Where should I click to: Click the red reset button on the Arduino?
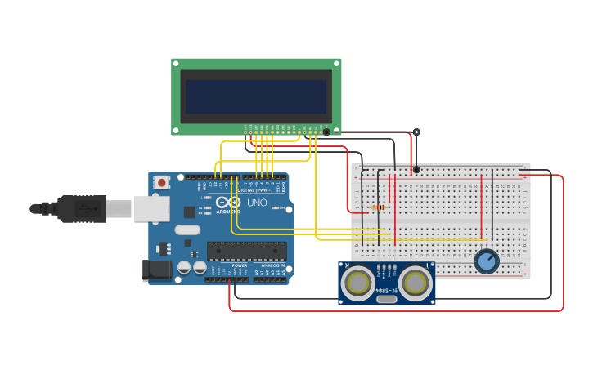pos(162,182)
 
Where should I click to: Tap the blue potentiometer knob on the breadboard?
pos(487,261)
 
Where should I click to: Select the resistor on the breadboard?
pos(379,207)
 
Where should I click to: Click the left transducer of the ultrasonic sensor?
pos(358,283)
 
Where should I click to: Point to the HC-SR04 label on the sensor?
pos(387,290)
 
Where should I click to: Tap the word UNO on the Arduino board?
pos(257,203)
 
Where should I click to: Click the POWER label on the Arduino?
pos(240,265)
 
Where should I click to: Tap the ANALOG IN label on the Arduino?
pos(272,265)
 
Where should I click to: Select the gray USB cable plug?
pos(82,208)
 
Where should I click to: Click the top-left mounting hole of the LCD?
pos(176,63)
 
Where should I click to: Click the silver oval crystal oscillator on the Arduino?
pos(187,230)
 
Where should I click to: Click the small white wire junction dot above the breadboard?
pos(416,132)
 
